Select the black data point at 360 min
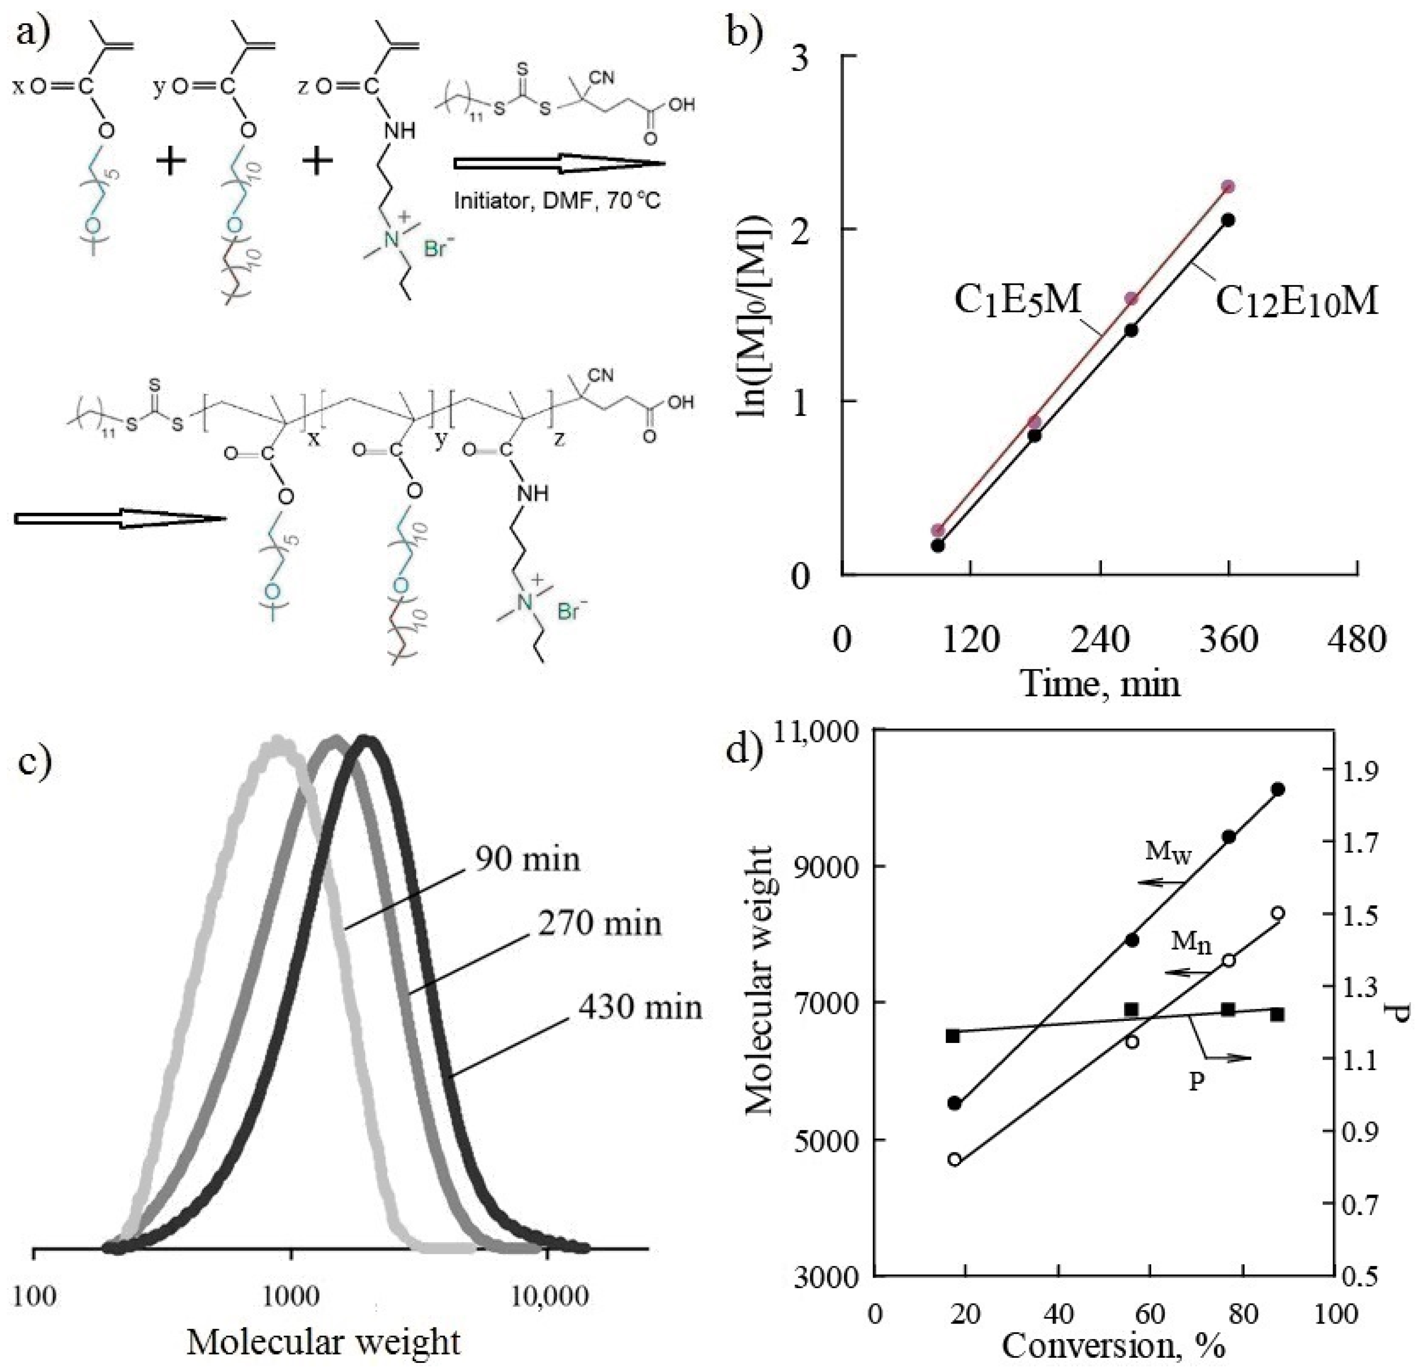click(x=1228, y=220)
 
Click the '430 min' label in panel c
click(x=640, y=1007)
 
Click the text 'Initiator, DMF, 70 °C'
click(x=557, y=200)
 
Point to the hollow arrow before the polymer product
click(x=120, y=518)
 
